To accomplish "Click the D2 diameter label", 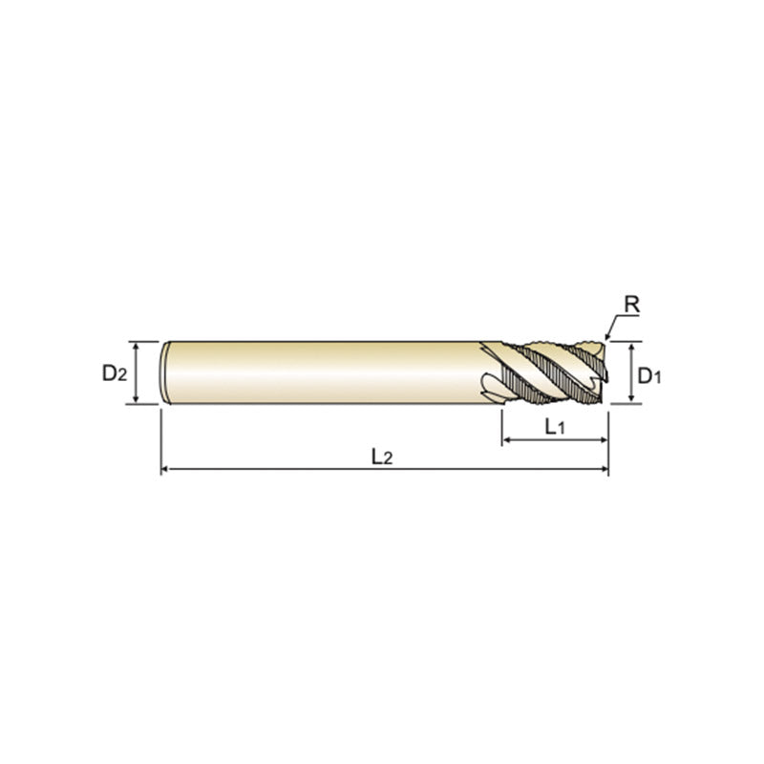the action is pos(115,373).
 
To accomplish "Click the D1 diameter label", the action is pos(649,375).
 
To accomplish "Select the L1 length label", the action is pos(555,427).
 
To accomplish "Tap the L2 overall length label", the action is pos(381,457).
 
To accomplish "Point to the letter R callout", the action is pos(631,305).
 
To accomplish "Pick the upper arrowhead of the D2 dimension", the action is pos(136,346).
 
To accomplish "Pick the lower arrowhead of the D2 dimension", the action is pos(136,399).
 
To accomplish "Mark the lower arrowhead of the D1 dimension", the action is pos(631,399).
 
